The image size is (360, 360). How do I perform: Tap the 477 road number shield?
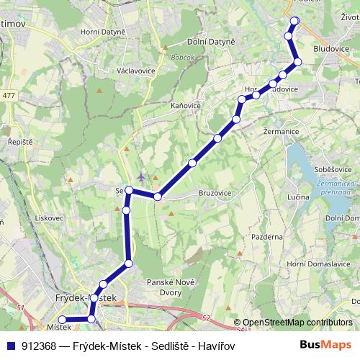(9, 95)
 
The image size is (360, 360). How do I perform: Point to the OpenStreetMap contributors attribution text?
(297, 323)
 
